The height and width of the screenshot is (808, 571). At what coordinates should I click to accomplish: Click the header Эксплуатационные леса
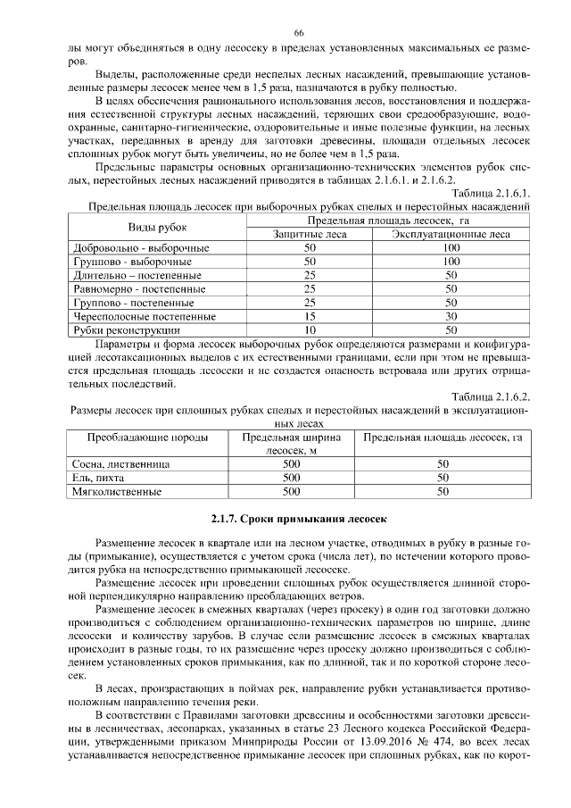tap(451, 234)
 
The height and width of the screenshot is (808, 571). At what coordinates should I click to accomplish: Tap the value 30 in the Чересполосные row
tap(451, 316)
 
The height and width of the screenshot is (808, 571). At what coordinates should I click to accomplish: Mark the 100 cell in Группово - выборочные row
tap(451, 262)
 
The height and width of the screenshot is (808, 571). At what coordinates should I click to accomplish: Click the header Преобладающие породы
tap(147, 438)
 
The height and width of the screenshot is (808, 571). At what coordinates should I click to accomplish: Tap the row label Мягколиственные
tap(117, 491)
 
